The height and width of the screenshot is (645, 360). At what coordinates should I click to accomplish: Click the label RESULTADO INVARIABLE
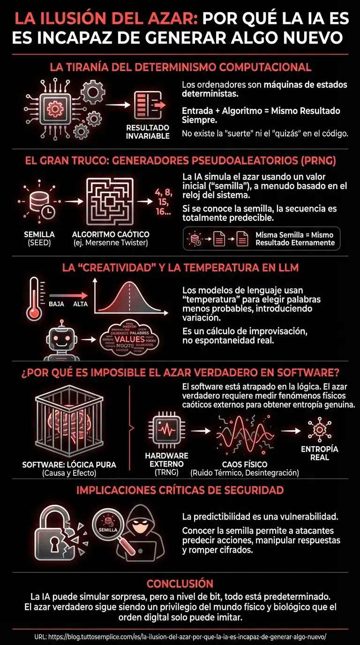148,132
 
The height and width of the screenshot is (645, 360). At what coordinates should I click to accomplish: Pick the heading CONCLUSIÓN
180,584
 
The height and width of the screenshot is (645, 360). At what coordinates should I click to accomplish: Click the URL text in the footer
180,637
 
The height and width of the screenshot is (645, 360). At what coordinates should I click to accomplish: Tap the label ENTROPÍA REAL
319,453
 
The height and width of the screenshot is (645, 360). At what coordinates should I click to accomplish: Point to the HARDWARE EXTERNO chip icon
166,429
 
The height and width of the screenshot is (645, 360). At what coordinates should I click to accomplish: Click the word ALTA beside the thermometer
81,304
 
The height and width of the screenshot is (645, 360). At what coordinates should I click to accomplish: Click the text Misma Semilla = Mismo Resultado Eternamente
295,239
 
